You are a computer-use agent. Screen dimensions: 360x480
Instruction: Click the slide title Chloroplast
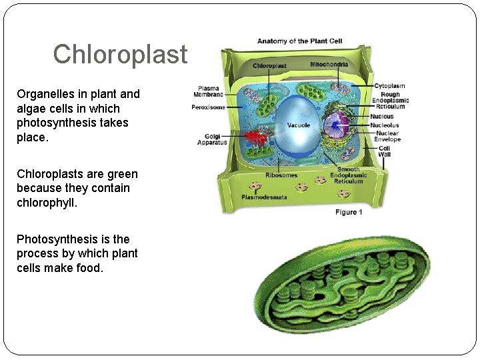[121, 55]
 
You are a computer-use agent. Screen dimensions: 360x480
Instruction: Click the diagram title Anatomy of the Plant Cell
[299, 41]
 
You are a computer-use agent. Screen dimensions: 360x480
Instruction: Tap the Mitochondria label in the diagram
[329, 65]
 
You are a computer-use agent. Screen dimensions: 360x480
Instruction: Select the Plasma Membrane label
[208, 92]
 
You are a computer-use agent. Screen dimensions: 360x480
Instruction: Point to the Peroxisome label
[208, 107]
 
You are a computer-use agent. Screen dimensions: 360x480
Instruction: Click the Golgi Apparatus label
[212, 139]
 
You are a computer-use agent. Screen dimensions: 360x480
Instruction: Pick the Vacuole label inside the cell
[298, 125]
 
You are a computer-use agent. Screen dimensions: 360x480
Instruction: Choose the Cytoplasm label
[389, 86]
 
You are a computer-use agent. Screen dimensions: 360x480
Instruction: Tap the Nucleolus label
[385, 125]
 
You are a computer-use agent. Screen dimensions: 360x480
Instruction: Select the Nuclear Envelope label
[387, 137]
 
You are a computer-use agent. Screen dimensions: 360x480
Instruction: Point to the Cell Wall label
[385, 152]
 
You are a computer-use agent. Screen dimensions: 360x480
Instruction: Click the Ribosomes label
[281, 175]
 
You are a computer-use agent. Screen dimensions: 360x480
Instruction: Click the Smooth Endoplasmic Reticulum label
[348, 175]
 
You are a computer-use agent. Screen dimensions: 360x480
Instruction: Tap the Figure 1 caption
[349, 212]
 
